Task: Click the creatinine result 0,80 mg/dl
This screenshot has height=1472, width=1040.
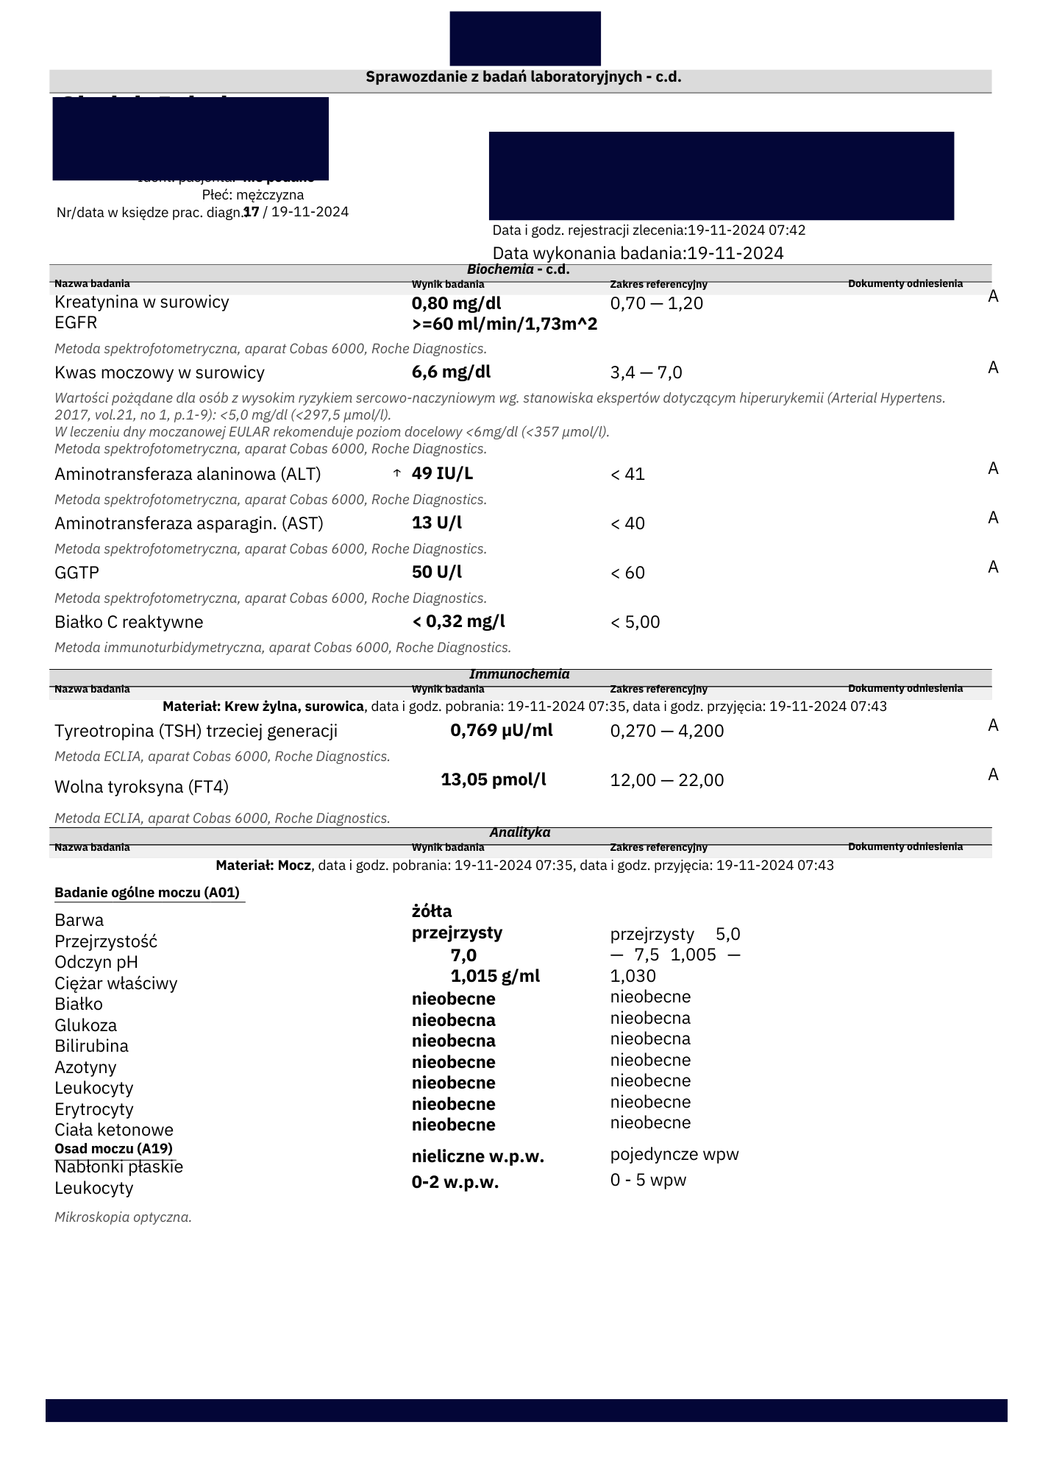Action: [456, 303]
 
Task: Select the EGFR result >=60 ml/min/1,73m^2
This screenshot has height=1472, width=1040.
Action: [505, 325]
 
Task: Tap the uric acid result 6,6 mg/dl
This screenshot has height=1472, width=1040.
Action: [451, 372]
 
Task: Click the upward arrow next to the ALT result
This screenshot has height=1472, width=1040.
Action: [397, 473]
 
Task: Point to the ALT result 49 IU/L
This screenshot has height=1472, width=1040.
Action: [442, 473]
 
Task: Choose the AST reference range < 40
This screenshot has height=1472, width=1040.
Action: [627, 523]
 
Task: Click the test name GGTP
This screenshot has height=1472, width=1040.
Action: [76, 573]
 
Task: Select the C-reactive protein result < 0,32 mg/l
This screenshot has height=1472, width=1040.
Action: [459, 622]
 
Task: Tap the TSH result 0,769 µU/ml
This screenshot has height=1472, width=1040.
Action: [502, 731]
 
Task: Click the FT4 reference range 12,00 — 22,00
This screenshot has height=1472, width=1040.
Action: [666, 780]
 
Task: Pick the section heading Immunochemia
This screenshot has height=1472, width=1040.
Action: [519, 674]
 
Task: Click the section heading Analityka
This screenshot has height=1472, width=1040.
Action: [520, 832]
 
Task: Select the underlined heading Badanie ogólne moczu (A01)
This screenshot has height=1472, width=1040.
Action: [147, 893]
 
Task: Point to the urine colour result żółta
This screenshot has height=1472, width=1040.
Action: [432, 912]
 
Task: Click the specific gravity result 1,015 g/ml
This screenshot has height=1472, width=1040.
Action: [495, 976]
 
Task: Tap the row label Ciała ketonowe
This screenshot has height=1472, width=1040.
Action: [114, 1130]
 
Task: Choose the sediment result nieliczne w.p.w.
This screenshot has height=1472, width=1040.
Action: [478, 1156]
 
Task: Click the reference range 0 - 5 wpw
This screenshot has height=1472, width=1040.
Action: [648, 1181]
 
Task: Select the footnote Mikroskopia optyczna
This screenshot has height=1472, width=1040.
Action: [123, 1217]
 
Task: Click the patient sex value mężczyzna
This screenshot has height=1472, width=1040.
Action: [270, 195]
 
